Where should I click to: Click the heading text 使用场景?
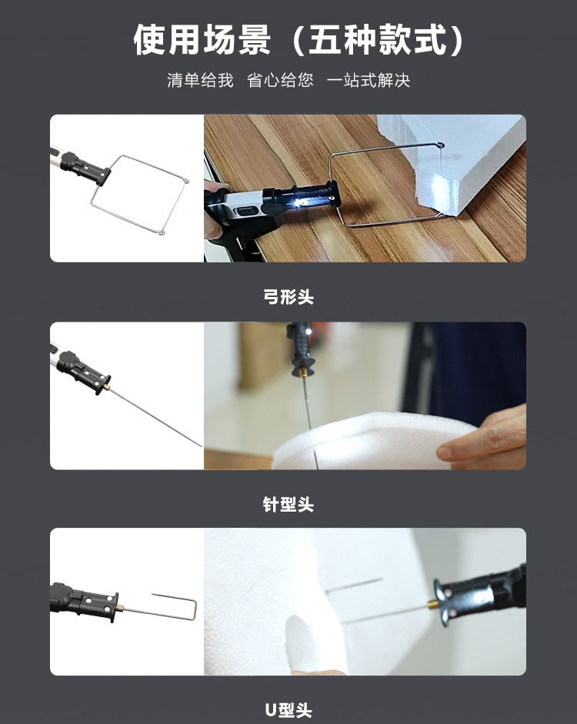coord(202,39)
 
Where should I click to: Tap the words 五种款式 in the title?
coord(377,39)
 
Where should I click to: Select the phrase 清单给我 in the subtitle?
coord(200,81)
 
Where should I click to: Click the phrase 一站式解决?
coord(368,81)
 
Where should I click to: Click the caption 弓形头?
coord(288,297)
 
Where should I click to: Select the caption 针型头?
coord(288,505)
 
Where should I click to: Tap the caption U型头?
coord(288,710)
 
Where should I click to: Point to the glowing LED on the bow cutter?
coord(299,202)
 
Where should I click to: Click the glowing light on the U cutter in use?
coord(465,597)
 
